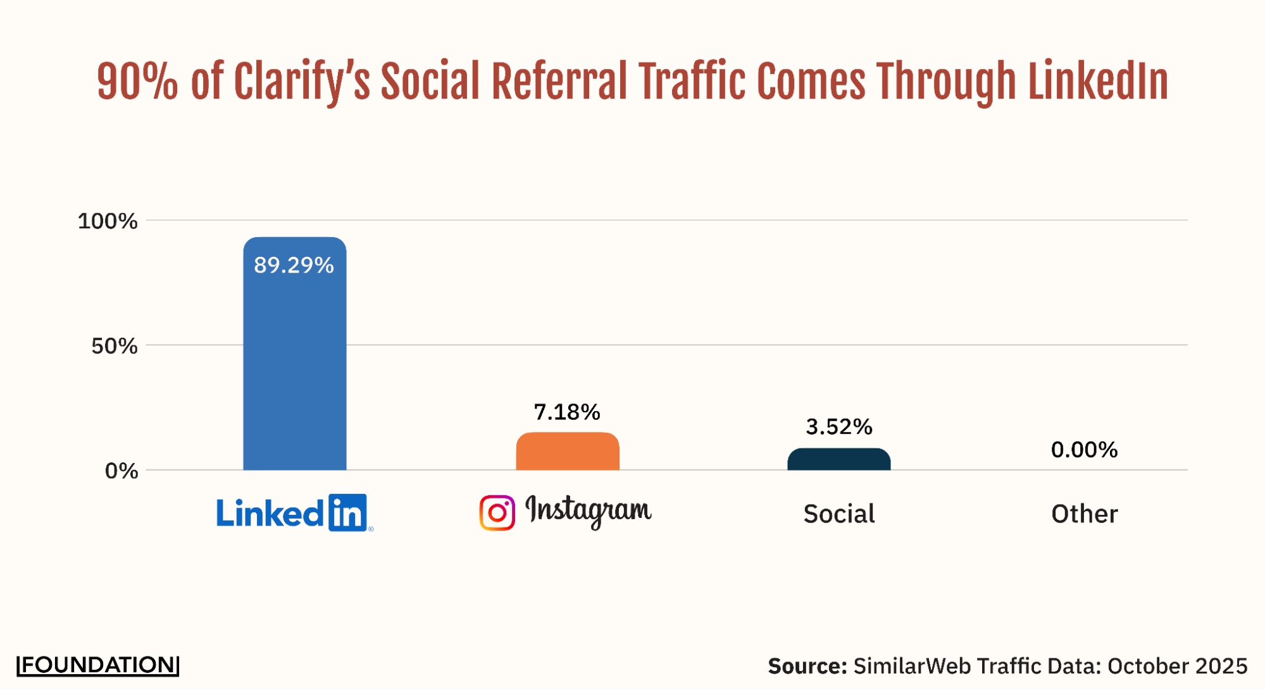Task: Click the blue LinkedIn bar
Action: pos(294,367)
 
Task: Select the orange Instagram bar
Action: pos(567,452)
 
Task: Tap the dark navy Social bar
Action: pos(838,459)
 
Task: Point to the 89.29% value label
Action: pos(294,265)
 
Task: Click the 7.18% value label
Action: pos(567,412)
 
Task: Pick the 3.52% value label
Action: pos(838,427)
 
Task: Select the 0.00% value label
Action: pos(1084,450)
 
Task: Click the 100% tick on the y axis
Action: pos(108,221)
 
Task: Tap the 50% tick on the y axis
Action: pos(115,346)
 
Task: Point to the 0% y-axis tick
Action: pos(122,471)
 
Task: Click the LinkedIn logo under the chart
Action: pos(294,513)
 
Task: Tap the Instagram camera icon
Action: pos(497,512)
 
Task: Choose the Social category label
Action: pos(838,514)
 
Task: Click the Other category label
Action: pos(1084,514)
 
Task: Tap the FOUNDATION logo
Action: pos(98,665)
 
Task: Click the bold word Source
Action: pos(807,666)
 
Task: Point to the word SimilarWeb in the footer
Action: pos(912,666)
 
